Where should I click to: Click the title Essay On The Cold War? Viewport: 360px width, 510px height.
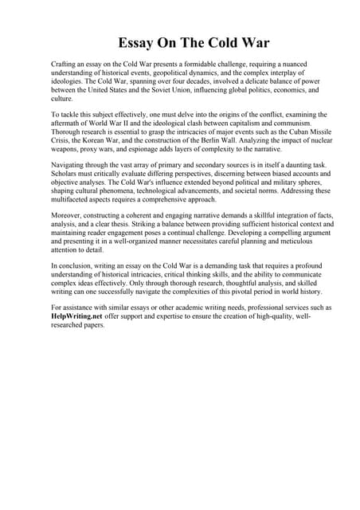180,42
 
